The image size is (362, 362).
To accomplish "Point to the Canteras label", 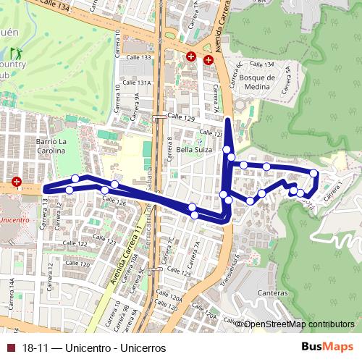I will coord(272,293).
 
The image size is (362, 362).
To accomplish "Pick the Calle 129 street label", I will coord(182,117).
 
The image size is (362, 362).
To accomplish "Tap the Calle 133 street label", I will coord(138,57).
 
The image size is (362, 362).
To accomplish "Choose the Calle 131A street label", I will coord(138,83).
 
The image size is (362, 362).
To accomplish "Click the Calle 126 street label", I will coord(116,203).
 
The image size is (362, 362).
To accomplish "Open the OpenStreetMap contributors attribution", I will coord(299,324).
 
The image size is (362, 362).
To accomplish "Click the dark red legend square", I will coord(10,348).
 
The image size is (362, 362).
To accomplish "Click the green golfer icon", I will coord(15,54).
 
